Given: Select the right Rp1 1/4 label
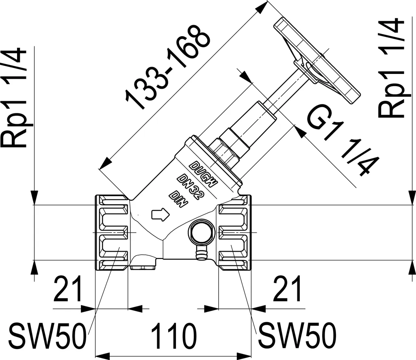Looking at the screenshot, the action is tap(392, 68).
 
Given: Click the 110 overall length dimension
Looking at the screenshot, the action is tap(174, 336).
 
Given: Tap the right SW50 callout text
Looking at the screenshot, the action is tap(297, 336).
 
